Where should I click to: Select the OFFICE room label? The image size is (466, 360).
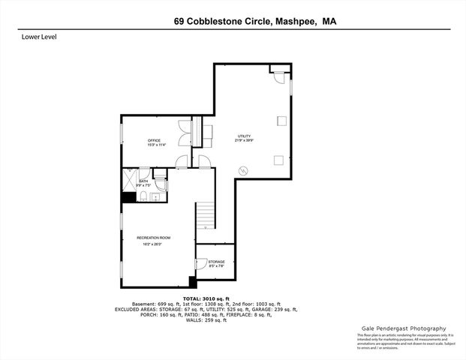pyautogui.click(x=154, y=140)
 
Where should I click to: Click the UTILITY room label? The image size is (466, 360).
pyautogui.click(x=244, y=136)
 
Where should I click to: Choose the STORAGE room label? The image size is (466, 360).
pyautogui.click(x=216, y=261)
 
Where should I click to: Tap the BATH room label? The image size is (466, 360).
pyautogui.click(x=143, y=181)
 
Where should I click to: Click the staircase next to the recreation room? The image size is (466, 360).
pyautogui.click(x=206, y=216)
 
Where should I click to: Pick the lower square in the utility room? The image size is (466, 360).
pyautogui.click(x=278, y=159)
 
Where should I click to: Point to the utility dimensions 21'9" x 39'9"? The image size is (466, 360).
pyautogui.click(x=244, y=140)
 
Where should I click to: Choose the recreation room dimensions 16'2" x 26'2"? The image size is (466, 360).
pyautogui.click(x=152, y=244)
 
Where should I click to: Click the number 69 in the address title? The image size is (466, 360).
pyautogui.click(x=178, y=22)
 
